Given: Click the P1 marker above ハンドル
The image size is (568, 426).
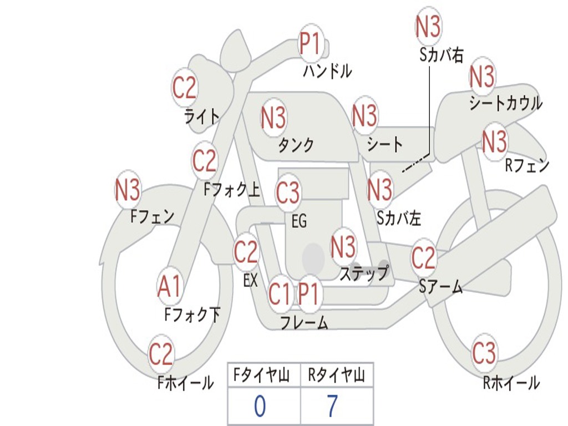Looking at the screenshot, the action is (311, 43).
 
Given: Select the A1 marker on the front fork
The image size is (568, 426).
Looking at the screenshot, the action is (170, 287).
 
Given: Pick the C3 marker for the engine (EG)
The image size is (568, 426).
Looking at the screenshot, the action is (288, 193).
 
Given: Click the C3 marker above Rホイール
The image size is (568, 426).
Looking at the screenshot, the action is (484, 353).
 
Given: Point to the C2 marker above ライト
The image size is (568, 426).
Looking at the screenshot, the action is (185, 88).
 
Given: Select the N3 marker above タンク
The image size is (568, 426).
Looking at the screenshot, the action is (273, 118).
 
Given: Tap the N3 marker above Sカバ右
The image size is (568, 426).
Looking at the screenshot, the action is (428, 27).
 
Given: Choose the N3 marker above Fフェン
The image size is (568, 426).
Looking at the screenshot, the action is (128, 190).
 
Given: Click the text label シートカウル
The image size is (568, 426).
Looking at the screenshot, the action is (505, 104).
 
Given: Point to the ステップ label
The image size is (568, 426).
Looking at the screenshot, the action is (364, 274).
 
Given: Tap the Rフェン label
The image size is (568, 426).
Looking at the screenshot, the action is (526, 165).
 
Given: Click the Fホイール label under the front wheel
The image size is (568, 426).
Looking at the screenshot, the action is (185, 383).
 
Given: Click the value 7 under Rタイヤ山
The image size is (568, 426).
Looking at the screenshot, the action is (332, 406).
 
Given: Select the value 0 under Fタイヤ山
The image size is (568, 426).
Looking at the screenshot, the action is (260, 406).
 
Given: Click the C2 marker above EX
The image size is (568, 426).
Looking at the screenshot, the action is (246, 253).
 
